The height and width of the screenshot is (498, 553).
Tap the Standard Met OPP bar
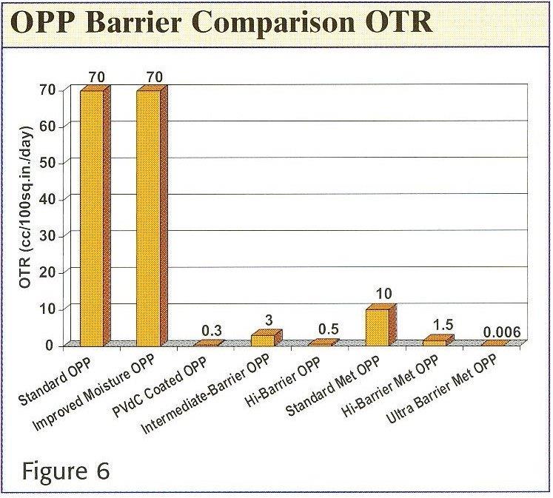(381, 325)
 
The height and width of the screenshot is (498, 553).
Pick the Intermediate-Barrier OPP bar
(267, 338)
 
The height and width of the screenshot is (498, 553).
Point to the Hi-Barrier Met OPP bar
(438, 340)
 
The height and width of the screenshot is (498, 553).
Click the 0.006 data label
(501, 332)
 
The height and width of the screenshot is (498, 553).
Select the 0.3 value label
(212, 331)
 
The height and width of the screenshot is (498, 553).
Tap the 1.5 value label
(443, 325)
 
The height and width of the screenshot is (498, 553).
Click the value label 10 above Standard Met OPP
(383, 294)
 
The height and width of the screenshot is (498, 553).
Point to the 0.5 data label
(329, 329)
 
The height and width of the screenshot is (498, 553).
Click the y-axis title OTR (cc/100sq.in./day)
(27, 206)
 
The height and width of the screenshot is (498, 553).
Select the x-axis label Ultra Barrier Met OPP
(441, 389)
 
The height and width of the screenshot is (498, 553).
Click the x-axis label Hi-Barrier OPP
(283, 383)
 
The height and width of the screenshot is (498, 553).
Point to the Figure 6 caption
(66, 471)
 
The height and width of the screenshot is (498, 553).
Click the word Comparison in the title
(273, 23)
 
